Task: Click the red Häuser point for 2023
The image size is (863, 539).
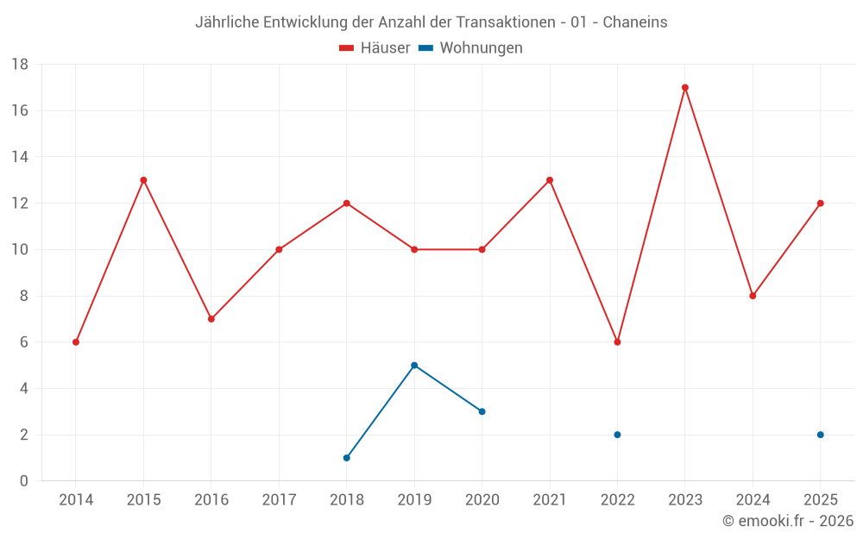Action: click(x=685, y=87)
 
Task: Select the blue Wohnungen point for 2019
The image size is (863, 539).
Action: click(x=414, y=365)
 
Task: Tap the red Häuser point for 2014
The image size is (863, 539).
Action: click(x=76, y=342)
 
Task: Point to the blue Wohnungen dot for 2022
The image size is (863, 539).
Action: click(x=618, y=435)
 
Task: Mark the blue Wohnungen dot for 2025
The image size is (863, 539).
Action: click(x=821, y=435)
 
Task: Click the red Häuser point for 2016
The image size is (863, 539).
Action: click(x=211, y=319)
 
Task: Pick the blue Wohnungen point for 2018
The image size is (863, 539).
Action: click(x=347, y=458)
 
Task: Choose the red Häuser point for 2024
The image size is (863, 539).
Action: click(x=753, y=296)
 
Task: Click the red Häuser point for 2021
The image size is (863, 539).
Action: click(x=550, y=180)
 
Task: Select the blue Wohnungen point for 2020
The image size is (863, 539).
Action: click(x=482, y=411)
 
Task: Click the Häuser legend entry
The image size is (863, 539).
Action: click(x=375, y=47)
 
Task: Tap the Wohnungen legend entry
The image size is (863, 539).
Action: click(x=470, y=47)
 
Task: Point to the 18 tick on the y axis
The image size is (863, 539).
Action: click(x=20, y=65)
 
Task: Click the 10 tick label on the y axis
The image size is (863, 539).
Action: click(x=20, y=250)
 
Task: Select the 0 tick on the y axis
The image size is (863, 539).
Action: click(x=23, y=480)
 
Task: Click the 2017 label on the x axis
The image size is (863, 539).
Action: click(x=279, y=499)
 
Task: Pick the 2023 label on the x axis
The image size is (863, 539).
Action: click(x=685, y=499)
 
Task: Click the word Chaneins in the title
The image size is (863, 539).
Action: click(x=635, y=22)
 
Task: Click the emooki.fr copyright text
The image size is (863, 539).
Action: click(x=788, y=520)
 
